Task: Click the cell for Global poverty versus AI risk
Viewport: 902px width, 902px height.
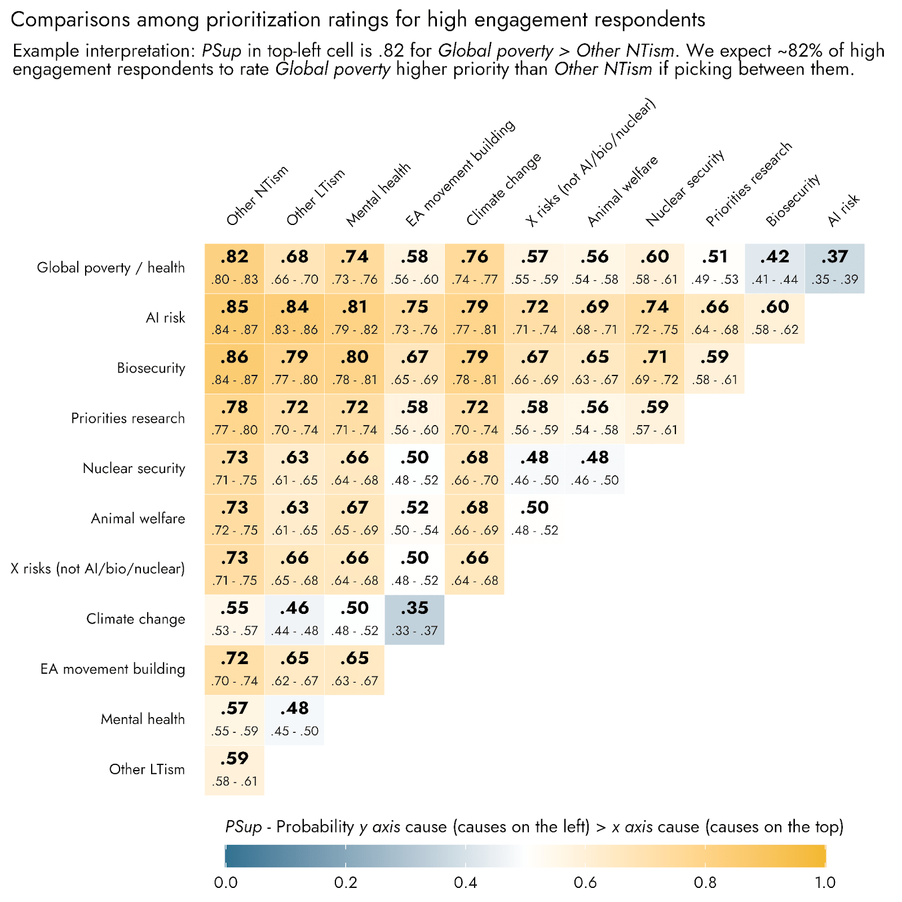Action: (834, 268)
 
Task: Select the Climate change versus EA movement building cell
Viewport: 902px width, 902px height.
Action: (414, 619)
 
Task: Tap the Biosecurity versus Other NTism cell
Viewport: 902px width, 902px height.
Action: (235, 368)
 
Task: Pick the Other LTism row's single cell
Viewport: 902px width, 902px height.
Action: (235, 770)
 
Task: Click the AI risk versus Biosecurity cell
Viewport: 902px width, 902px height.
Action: (775, 318)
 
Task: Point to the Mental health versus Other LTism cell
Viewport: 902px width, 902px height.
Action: (294, 719)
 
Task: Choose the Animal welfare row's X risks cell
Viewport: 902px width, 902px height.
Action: (534, 519)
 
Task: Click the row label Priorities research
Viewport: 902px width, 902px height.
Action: (128, 418)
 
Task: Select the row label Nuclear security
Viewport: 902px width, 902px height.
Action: (134, 468)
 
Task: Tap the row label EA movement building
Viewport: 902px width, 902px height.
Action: (113, 669)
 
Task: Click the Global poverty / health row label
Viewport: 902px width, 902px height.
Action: (110, 268)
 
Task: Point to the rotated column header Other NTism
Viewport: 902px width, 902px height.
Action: (257, 196)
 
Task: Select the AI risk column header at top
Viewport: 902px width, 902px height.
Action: (843, 210)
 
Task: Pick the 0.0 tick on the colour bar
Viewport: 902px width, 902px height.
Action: (225, 882)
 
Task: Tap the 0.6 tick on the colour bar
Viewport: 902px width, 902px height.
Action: (585, 882)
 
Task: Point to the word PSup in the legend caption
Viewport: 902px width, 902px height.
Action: (244, 827)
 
